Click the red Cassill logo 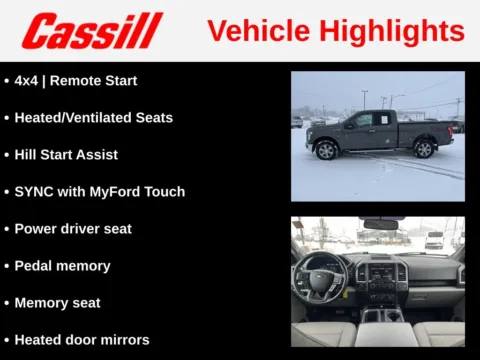92,31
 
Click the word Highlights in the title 397,30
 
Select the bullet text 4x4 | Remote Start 76,80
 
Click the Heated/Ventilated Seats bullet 93,117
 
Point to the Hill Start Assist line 66,155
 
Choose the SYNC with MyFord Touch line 99,192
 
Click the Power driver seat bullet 73,229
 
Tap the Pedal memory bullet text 62,266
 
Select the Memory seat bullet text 57,303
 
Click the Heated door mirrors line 82,340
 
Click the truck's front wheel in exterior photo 326,150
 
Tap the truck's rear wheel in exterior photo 424,149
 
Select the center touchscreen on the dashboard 381,271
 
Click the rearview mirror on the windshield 380,225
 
